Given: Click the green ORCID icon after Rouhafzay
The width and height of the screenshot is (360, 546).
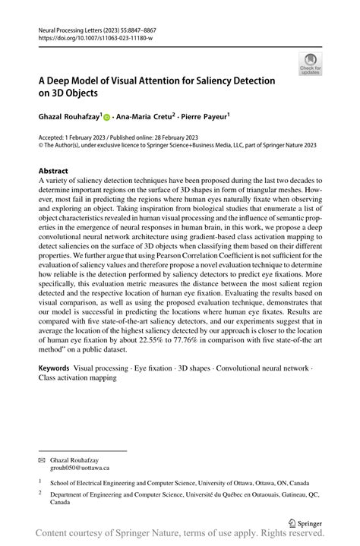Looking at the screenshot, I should click(x=108, y=118).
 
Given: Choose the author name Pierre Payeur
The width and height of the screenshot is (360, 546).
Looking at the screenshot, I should click(x=207, y=118).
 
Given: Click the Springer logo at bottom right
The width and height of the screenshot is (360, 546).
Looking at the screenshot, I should click(x=305, y=523).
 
